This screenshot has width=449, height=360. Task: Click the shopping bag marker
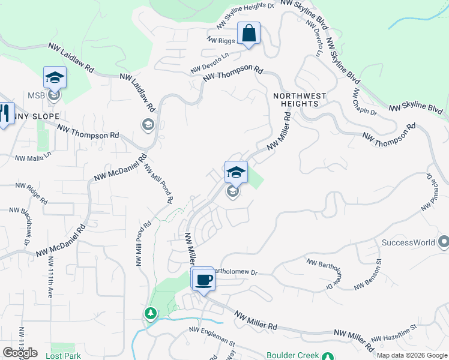(249, 34)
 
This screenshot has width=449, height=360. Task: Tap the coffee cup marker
(204, 279)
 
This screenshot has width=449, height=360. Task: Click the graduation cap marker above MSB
(55, 78)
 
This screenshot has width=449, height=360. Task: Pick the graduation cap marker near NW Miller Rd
(236, 173)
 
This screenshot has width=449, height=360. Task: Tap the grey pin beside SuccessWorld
(444, 242)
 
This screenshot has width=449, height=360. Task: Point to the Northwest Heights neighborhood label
(300, 100)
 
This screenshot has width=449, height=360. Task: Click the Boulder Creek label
(292, 355)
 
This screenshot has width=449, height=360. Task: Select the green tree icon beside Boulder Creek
(327, 356)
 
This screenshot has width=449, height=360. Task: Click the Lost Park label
(63, 355)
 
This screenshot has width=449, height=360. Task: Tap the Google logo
(20, 353)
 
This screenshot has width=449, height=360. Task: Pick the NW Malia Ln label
(28, 158)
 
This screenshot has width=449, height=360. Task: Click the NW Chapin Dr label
(364, 103)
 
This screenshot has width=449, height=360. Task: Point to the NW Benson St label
(368, 274)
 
